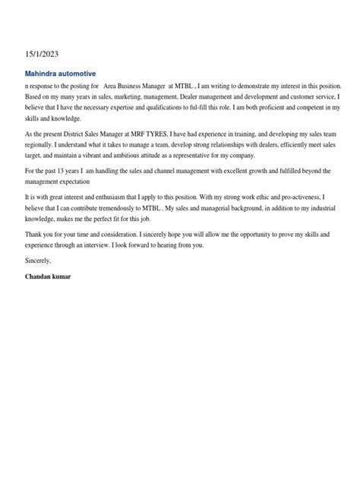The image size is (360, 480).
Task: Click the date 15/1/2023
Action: [x=41, y=54]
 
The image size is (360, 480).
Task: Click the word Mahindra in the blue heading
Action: [x=45, y=74]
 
